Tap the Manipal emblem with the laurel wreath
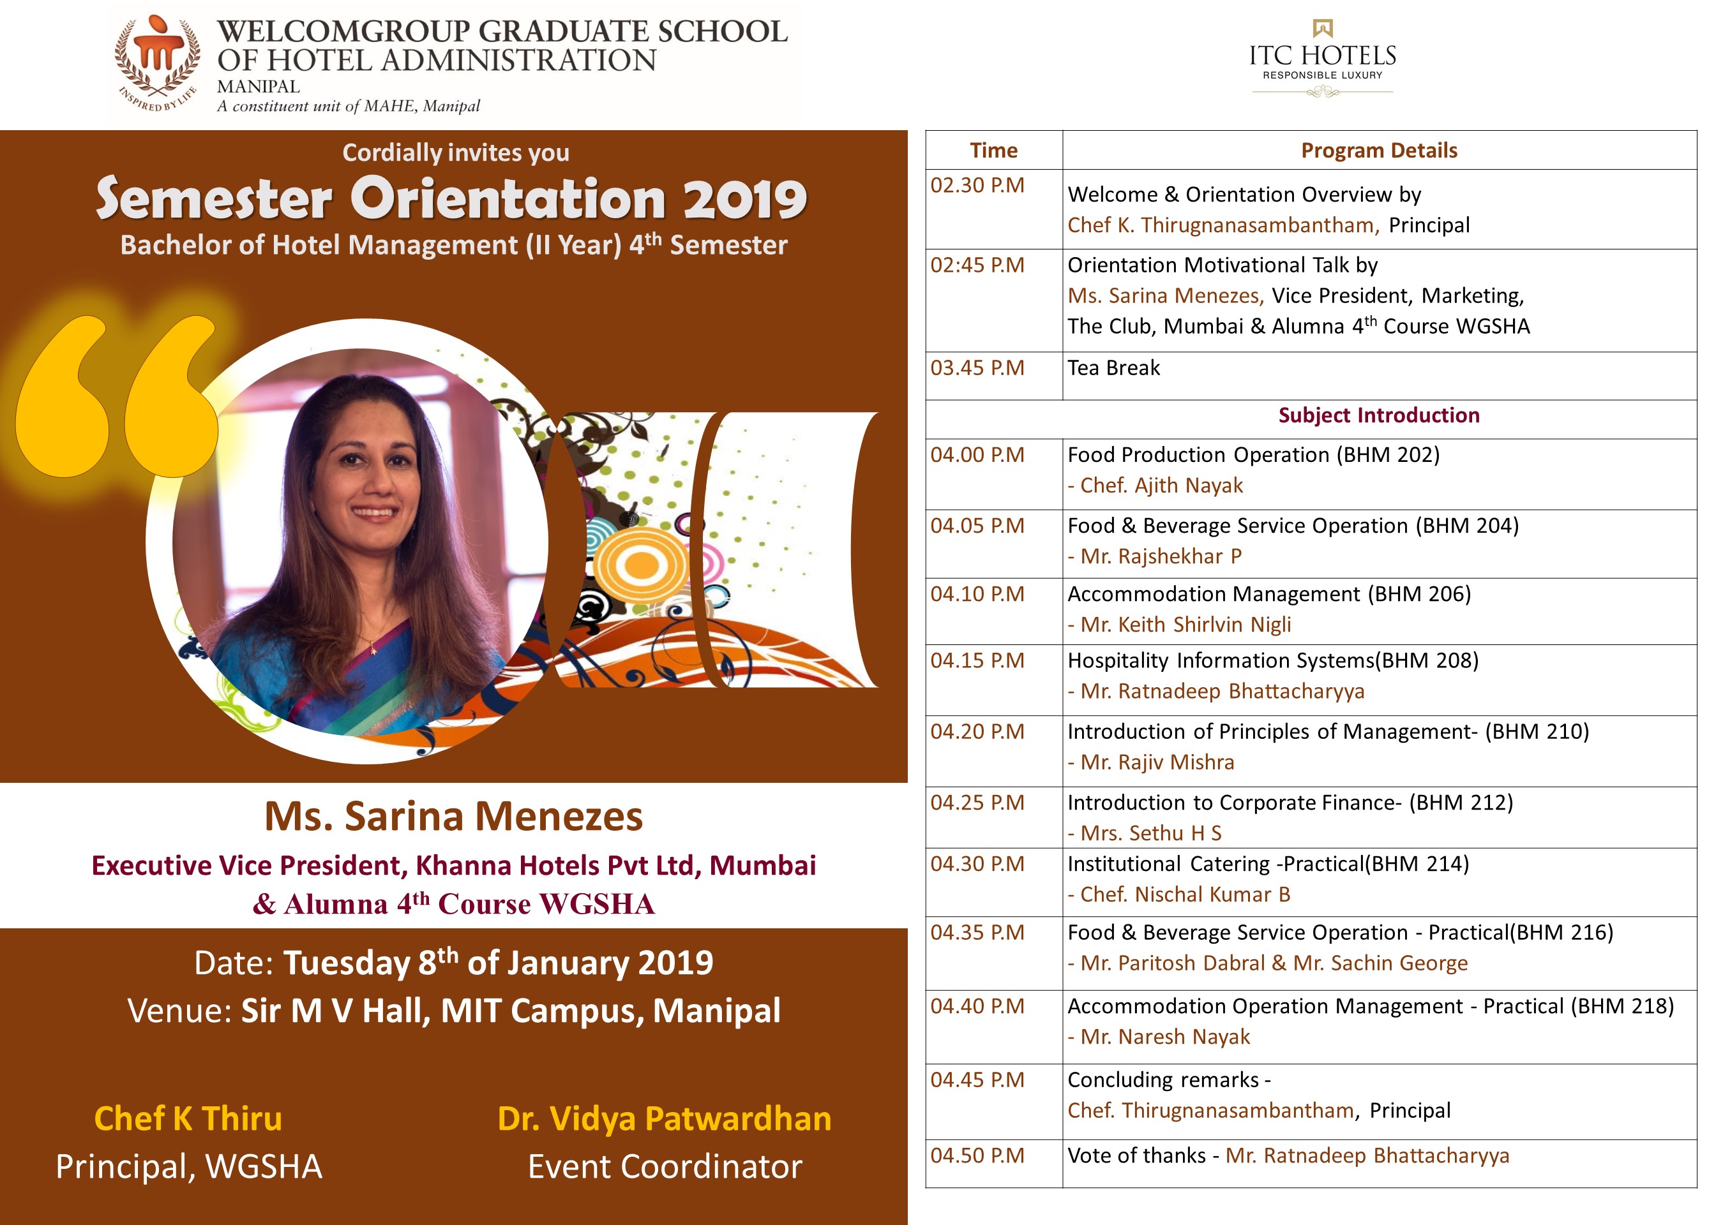(x=158, y=61)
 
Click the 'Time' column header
(x=993, y=150)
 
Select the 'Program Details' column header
(x=1379, y=150)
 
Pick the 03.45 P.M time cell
(x=977, y=368)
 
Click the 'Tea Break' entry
(x=1113, y=368)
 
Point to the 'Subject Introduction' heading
(x=1379, y=415)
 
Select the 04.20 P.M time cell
(x=977, y=732)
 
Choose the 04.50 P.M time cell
(x=977, y=1155)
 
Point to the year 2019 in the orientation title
(x=746, y=199)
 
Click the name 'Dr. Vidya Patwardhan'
(x=664, y=1118)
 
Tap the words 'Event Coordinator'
(x=664, y=1167)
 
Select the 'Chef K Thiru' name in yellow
(x=188, y=1118)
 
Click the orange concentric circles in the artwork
(x=641, y=564)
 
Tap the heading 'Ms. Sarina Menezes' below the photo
(x=453, y=817)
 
